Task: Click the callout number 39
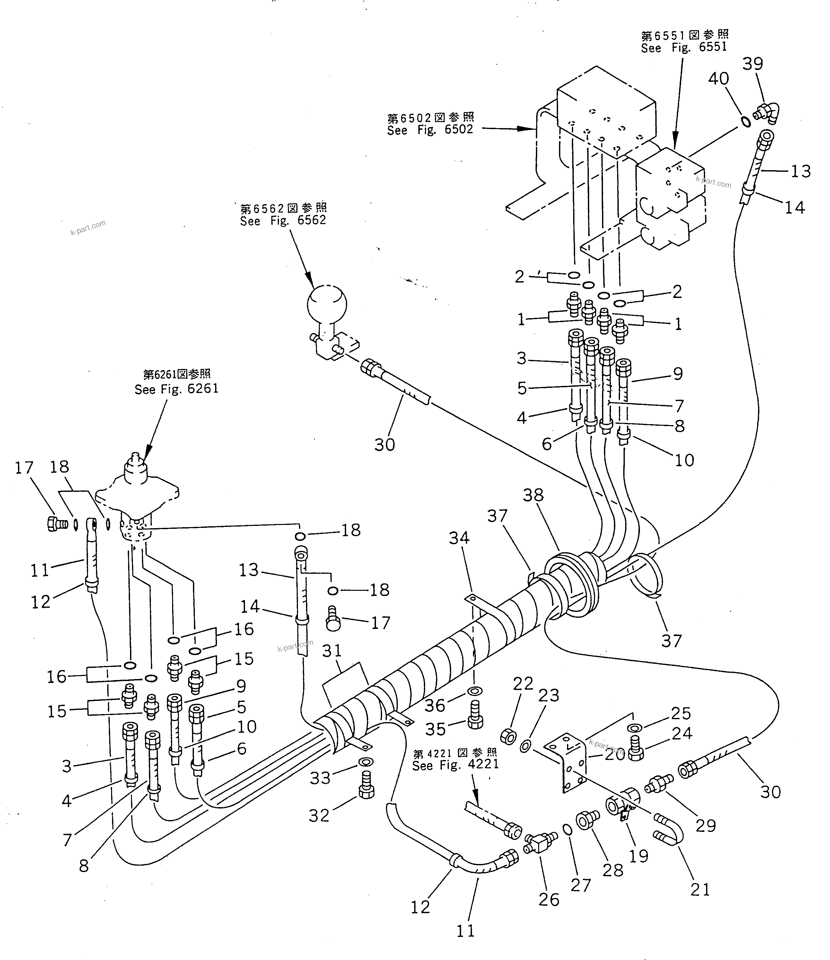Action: (x=753, y=64)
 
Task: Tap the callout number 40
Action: (x=718, y=79)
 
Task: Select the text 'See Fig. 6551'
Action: (x=684, y=47)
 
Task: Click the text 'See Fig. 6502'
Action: (x=430, y=130)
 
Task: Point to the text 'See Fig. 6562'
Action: (x=283, y=221)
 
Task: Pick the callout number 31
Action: (x=332, y=651)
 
